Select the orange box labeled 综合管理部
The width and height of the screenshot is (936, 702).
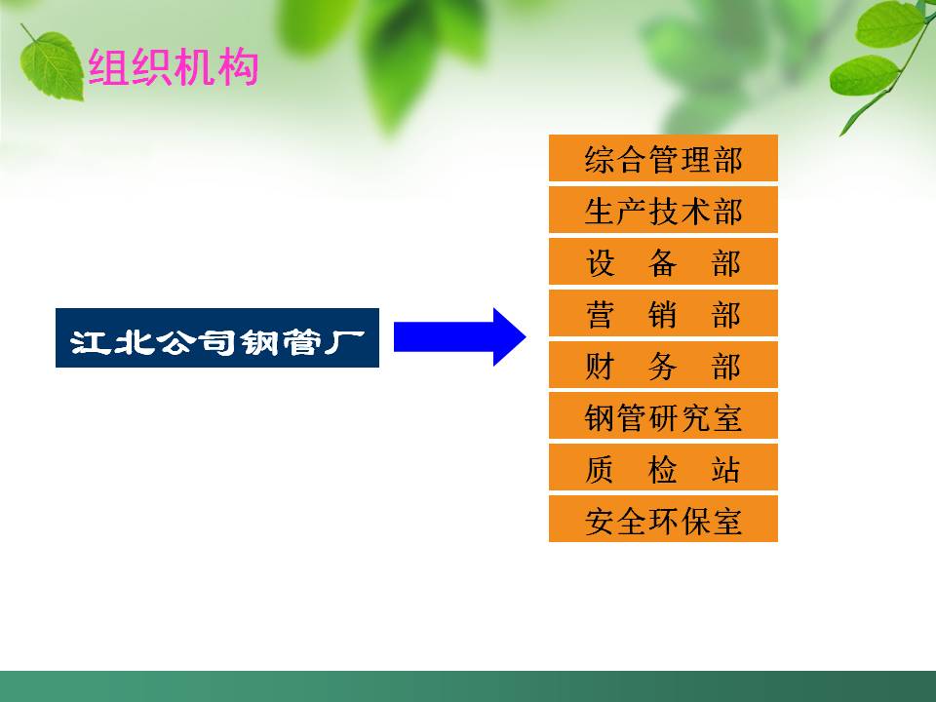click(663, 159)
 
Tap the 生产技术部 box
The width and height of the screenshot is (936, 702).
click(663, 211)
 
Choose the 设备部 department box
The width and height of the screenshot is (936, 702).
click(663, 262)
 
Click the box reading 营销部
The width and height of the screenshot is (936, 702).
click(663, 314)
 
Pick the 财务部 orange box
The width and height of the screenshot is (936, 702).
click(663, 366)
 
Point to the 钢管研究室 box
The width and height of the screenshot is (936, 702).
click(663, 417)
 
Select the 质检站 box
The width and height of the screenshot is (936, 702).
click(663, 469)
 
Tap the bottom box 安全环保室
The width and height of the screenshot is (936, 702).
click(663, 521)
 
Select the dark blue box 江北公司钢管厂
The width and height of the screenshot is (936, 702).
click(216, 339)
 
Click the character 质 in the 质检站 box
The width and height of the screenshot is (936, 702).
click(600, 470)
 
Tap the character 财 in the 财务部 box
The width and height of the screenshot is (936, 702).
click(600, 367)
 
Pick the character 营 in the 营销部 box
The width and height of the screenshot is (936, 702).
click(600, 315)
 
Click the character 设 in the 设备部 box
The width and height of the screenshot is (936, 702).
click(600, 263)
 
